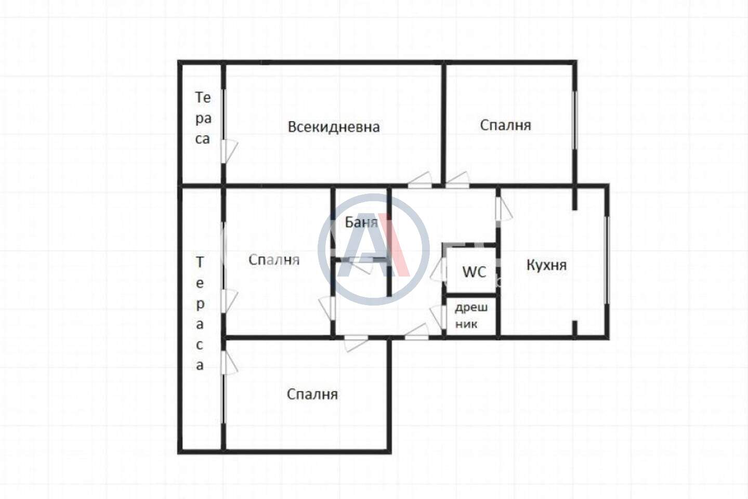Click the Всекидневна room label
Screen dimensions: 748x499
pos(334,127)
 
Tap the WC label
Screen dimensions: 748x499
pos(474,272)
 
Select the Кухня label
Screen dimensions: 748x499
pos(547,265)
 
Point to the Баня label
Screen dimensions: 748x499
pos(361,222)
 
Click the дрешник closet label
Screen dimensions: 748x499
pos(471,316)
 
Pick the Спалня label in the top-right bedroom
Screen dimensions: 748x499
pos(506,125)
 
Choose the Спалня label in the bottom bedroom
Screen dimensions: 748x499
pos(312,395)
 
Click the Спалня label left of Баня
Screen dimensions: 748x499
pos(274,260)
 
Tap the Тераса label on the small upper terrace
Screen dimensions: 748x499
pos(203,118)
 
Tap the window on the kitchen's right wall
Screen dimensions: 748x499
pos(608,260)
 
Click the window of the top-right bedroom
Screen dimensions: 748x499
pos(575,120)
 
